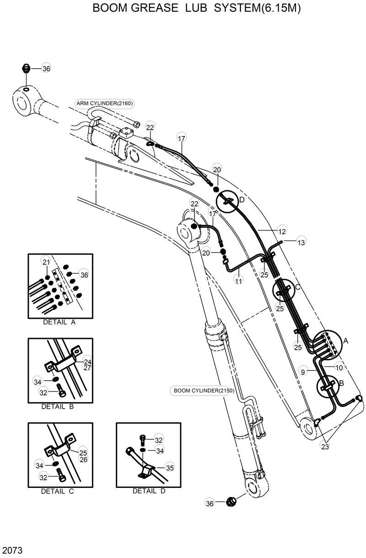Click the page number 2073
(12, 549)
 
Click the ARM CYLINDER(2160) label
(105, 103)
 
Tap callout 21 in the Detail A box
(46, 262)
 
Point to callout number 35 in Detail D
(170, 467)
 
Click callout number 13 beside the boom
(301, 242)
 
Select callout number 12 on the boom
(282, 232)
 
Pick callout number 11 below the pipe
(238, 280)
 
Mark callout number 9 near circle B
(302, 372)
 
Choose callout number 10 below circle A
(339, 367)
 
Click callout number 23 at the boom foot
(325, 447)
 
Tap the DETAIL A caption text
(59, 322)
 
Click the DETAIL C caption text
(57, 492)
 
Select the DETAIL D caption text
(149, 491)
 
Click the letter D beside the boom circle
(242, 200)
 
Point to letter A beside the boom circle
(345, 340)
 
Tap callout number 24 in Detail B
(87, 362)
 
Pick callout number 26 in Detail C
(83, 459)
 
